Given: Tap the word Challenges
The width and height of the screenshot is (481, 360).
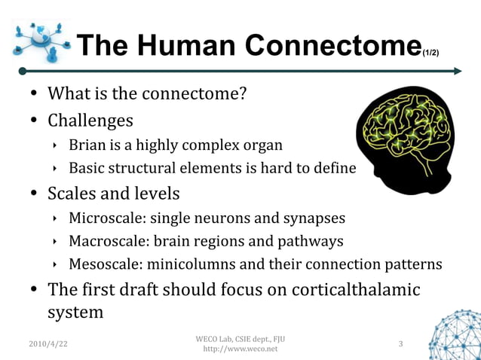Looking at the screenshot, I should pyautogui.click(x=90, y=121).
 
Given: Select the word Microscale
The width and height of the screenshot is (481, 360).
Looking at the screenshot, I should pyautogui.click(x=107, y=218).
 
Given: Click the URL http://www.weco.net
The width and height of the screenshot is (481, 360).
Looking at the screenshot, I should pyautogui.click(x=240, y=349).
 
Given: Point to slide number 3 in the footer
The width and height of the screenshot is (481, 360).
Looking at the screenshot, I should pyautogui.click(x=400, y=344).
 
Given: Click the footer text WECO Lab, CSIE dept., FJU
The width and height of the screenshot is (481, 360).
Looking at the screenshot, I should pyautogui.click(x=240, y=337).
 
